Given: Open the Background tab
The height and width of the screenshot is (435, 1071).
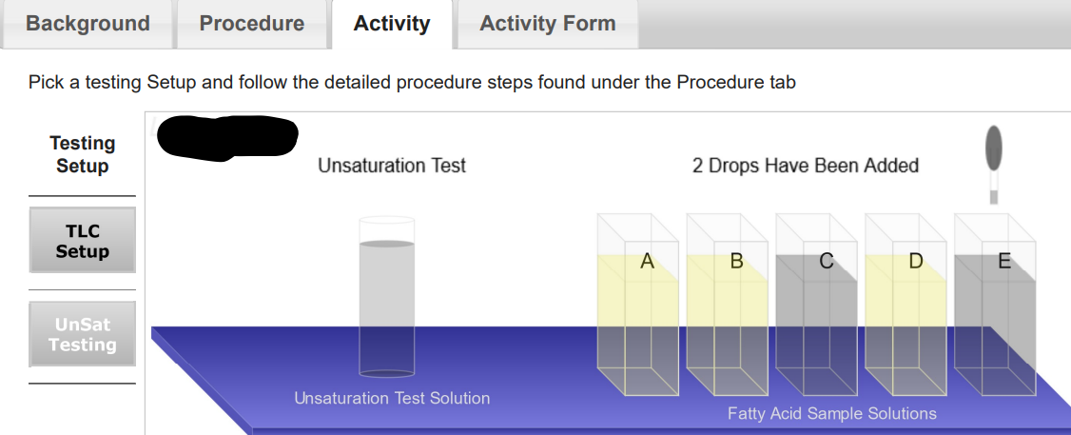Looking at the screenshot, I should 88,24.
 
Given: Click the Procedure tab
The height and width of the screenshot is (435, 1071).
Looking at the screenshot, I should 252,24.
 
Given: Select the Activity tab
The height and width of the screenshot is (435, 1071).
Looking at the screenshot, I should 392,24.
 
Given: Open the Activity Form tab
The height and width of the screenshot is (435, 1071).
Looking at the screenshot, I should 548,24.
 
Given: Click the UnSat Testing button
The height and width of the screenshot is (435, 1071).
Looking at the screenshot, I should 83,334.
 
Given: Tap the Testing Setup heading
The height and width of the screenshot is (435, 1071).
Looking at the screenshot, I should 83,154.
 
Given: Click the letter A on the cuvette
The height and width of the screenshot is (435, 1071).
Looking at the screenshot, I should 648,261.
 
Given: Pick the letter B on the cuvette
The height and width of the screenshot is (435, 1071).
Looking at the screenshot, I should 736,261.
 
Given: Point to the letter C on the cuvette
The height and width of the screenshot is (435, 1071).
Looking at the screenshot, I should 826,261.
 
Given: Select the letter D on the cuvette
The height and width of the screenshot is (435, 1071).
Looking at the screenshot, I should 915,261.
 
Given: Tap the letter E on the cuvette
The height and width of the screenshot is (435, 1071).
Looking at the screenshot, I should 1004,261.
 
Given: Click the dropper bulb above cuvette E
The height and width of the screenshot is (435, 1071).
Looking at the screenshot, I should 994,147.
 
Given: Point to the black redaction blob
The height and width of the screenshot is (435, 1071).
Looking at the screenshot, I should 228,135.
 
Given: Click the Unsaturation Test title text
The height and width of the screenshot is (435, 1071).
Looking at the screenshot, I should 392,166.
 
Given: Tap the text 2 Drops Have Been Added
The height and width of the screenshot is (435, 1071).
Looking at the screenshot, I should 806,166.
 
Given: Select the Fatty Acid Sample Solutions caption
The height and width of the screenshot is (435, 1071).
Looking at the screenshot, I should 832,413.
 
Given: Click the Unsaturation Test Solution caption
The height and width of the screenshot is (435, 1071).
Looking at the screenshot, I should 392,398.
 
